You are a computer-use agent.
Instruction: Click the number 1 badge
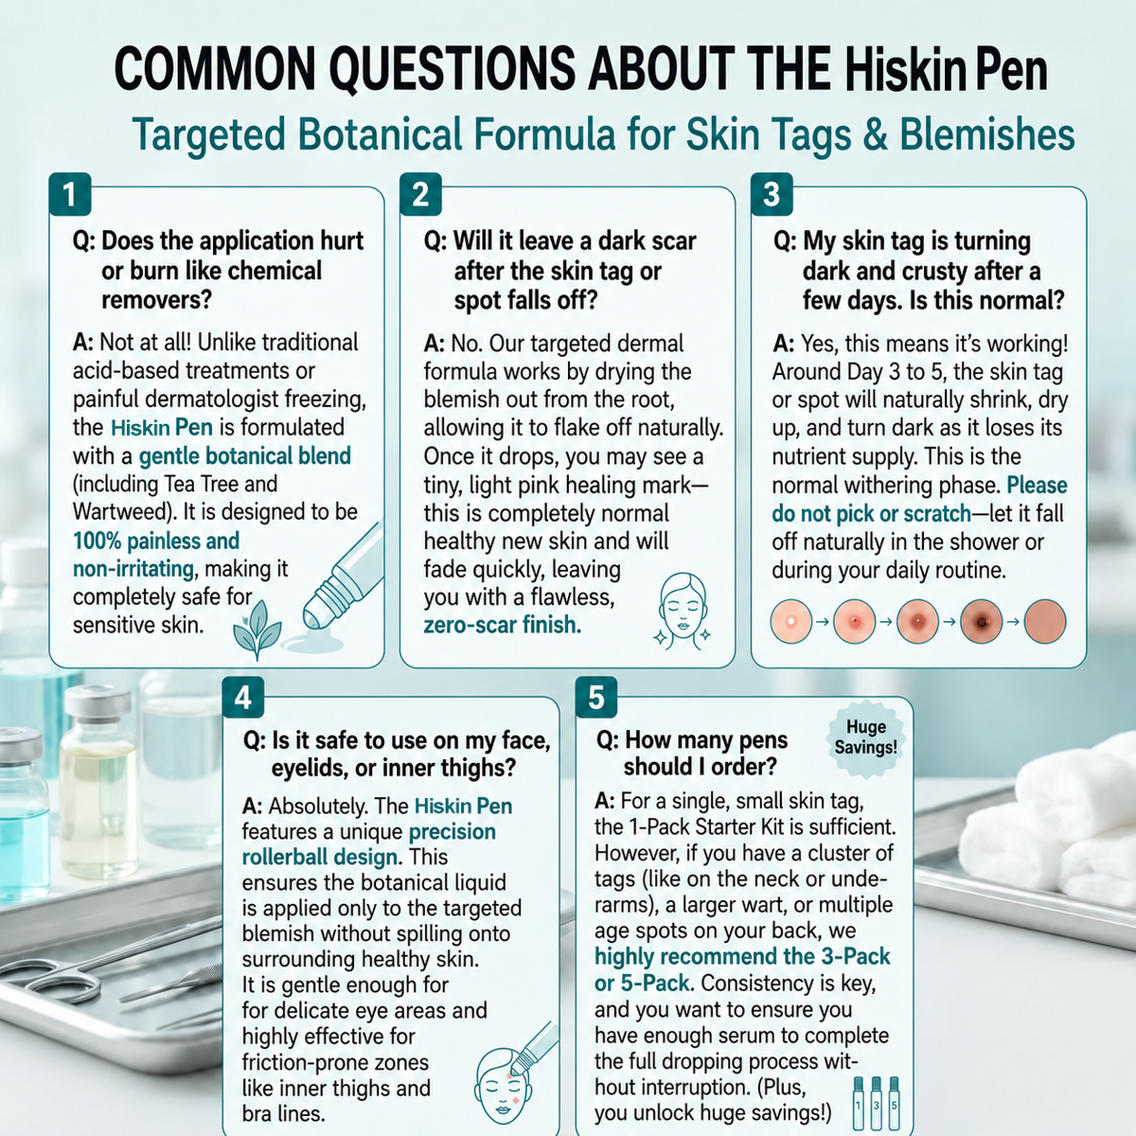tap(70, 195)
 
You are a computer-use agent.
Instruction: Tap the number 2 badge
tap(420, 195)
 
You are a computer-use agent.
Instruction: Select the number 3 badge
tap(772, 195)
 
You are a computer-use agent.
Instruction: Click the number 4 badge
tap(243, 698)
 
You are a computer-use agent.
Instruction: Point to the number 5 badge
tap(596, 698)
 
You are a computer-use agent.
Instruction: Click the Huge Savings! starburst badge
tap(865, 737)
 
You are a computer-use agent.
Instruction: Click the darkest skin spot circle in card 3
tap(982, 621)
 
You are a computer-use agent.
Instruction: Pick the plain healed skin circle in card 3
tap(1044, 621)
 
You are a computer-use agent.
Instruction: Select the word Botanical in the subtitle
tap(380, 134)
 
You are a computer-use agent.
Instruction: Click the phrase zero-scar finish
tap(503, 625)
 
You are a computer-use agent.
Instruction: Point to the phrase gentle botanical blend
tap(244, 456)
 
